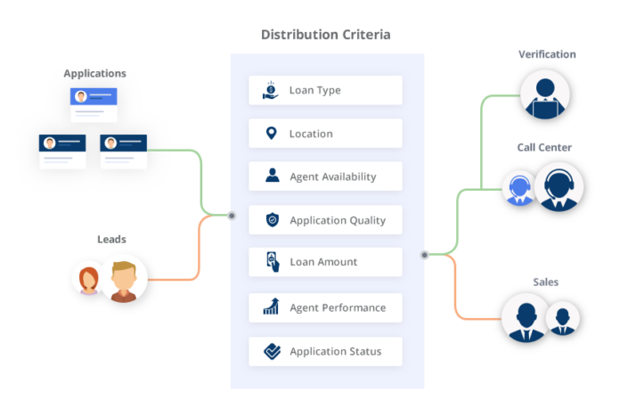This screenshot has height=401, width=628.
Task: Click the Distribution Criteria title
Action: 325,35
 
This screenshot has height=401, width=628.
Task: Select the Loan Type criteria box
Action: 325,90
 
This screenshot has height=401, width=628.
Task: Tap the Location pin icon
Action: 271,134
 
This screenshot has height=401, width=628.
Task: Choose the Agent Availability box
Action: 325,176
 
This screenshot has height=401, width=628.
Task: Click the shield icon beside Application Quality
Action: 272,220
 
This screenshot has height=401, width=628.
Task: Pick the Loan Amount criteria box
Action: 325,262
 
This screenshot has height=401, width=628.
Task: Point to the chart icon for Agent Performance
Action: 272,307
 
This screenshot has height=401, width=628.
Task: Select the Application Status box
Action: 325,351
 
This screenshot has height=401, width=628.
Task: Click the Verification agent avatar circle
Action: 545,95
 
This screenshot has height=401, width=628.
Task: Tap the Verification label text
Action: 547,54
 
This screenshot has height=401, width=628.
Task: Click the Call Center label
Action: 544,147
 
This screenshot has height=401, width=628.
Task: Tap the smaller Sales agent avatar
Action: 563,319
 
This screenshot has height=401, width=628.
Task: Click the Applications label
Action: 94,73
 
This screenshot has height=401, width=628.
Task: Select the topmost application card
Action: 94,102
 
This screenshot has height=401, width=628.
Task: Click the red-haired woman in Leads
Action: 89,280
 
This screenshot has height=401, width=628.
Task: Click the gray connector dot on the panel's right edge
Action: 425,255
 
